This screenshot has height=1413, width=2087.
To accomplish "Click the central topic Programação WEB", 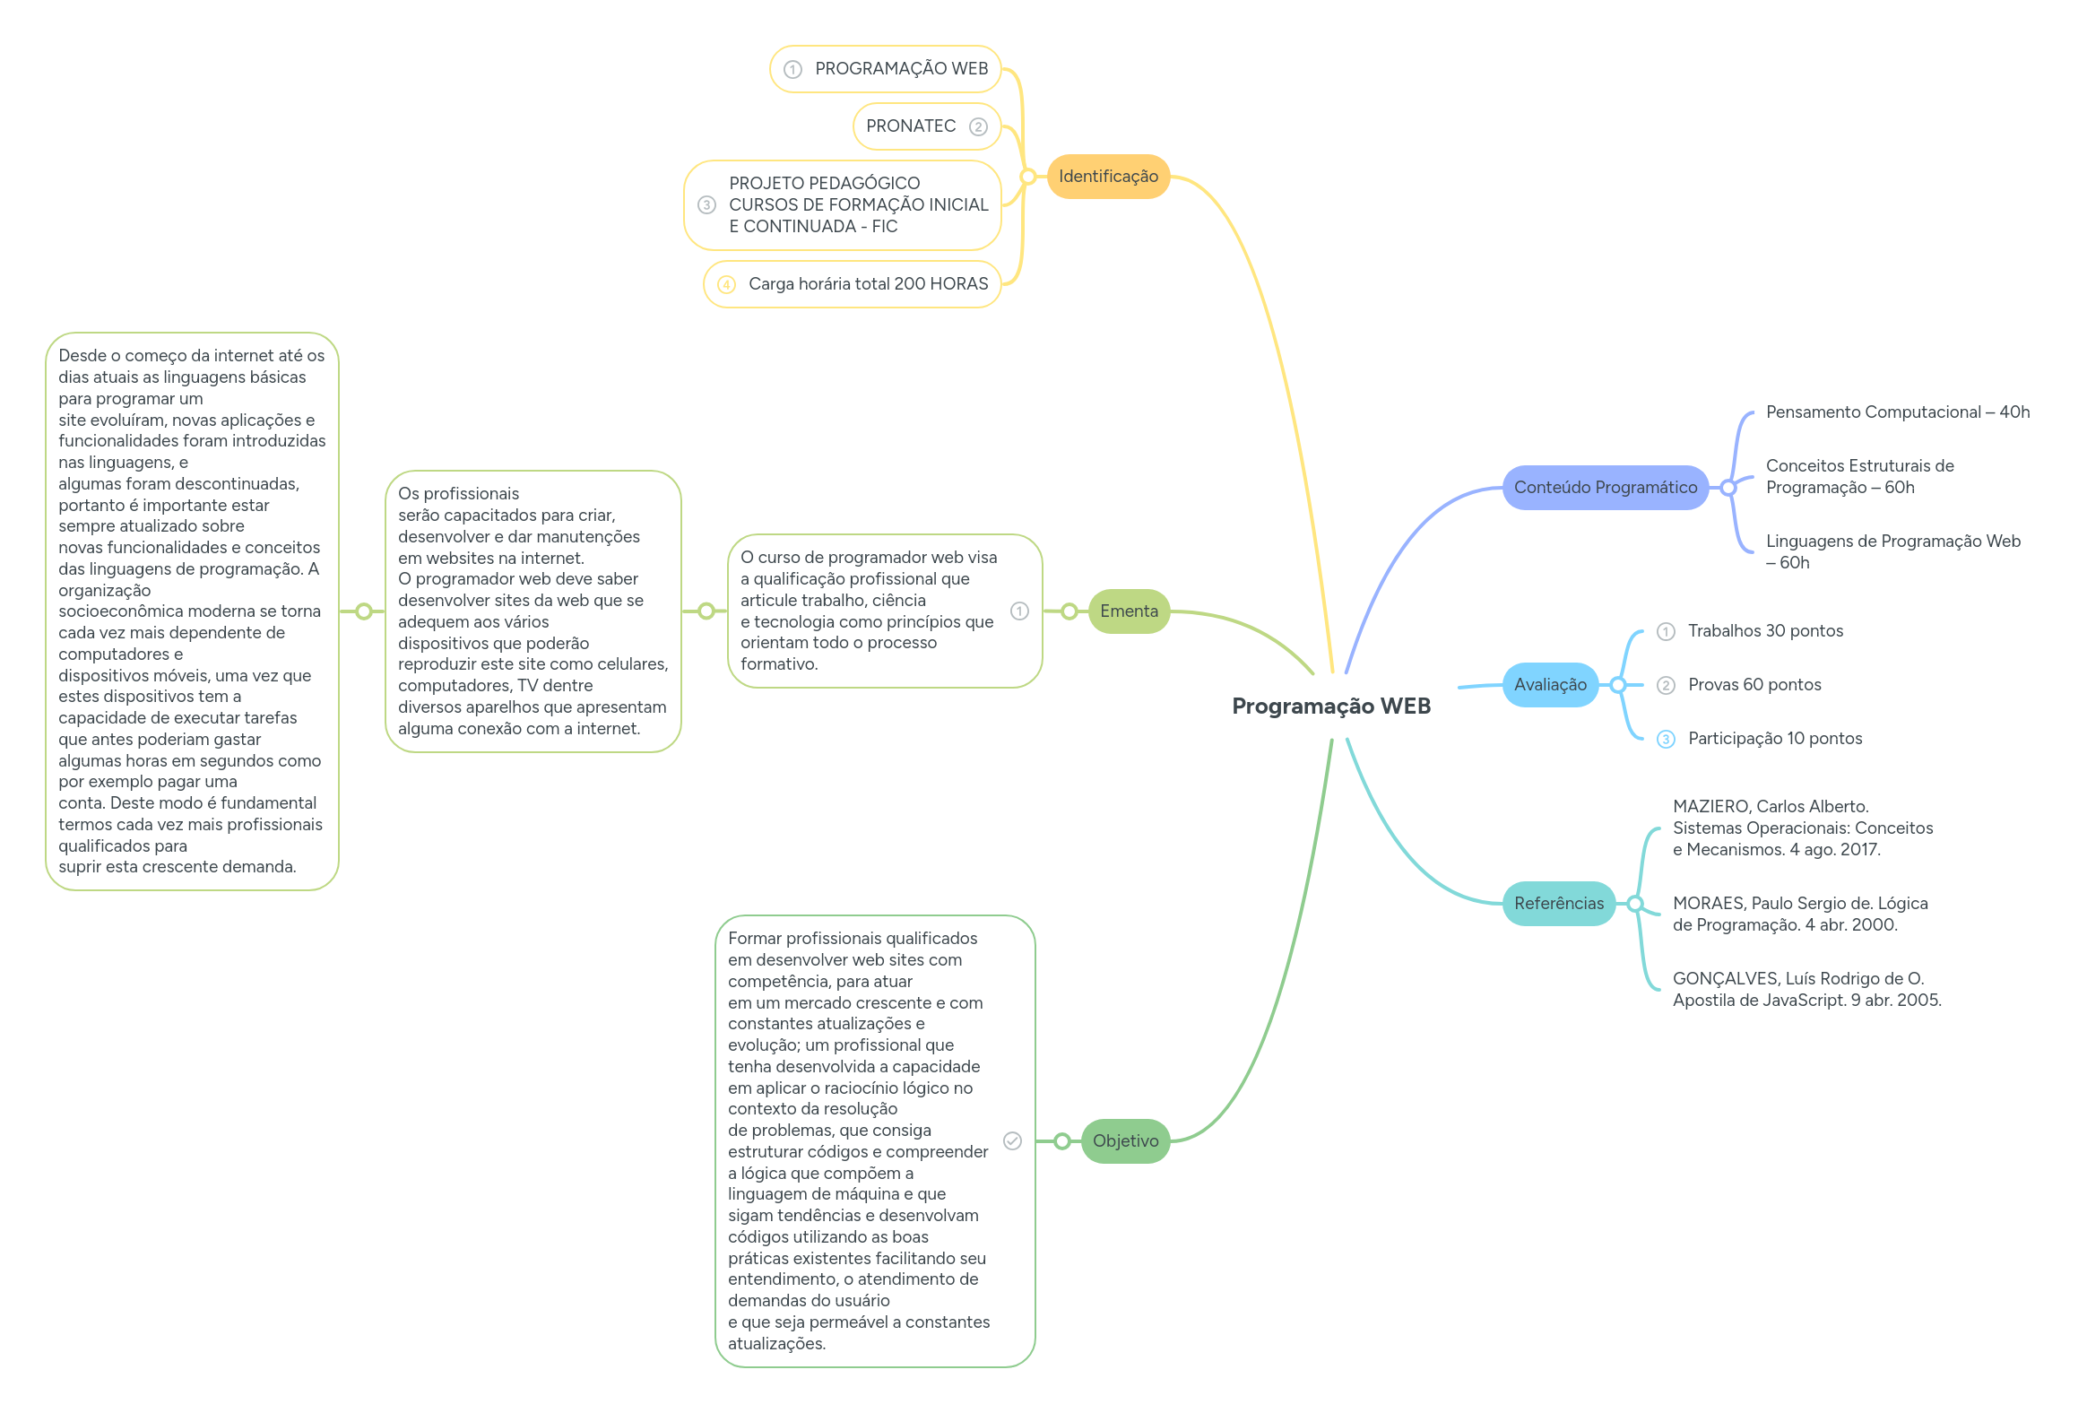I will [1330, 706].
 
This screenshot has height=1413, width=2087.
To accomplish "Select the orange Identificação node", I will [1107, 176].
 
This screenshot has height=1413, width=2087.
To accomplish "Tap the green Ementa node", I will [1128, 611].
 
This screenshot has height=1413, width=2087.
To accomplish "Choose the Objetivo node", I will [1124, 1140].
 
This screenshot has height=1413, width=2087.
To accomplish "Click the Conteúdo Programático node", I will [1605, 487].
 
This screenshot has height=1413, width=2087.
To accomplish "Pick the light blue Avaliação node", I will [1549, 684].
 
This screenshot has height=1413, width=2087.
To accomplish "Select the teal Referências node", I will [1558, 903].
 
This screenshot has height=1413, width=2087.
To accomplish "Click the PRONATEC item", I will [911, 126].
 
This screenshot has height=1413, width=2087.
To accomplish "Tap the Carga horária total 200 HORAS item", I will [868, 284].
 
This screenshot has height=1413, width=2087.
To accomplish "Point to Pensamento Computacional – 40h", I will [1897, 412].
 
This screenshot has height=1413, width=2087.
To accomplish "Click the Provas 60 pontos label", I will [1754, 684].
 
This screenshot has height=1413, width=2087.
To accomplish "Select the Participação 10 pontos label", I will [1774, 739].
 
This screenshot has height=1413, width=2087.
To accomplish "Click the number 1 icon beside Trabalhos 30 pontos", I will [1666, 631].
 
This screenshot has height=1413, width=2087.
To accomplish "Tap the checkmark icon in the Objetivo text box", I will [1012, 1140].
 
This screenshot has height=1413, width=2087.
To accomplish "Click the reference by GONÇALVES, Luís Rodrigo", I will [1806, 989].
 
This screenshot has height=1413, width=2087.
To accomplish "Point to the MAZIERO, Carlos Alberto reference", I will [1802, 828].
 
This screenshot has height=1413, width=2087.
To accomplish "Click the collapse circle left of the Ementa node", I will [1069, 611].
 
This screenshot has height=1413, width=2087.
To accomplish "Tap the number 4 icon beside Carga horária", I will [726, 285].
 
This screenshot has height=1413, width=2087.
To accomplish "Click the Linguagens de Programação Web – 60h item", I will [1892, 551].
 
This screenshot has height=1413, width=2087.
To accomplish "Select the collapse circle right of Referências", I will [1635, 904].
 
